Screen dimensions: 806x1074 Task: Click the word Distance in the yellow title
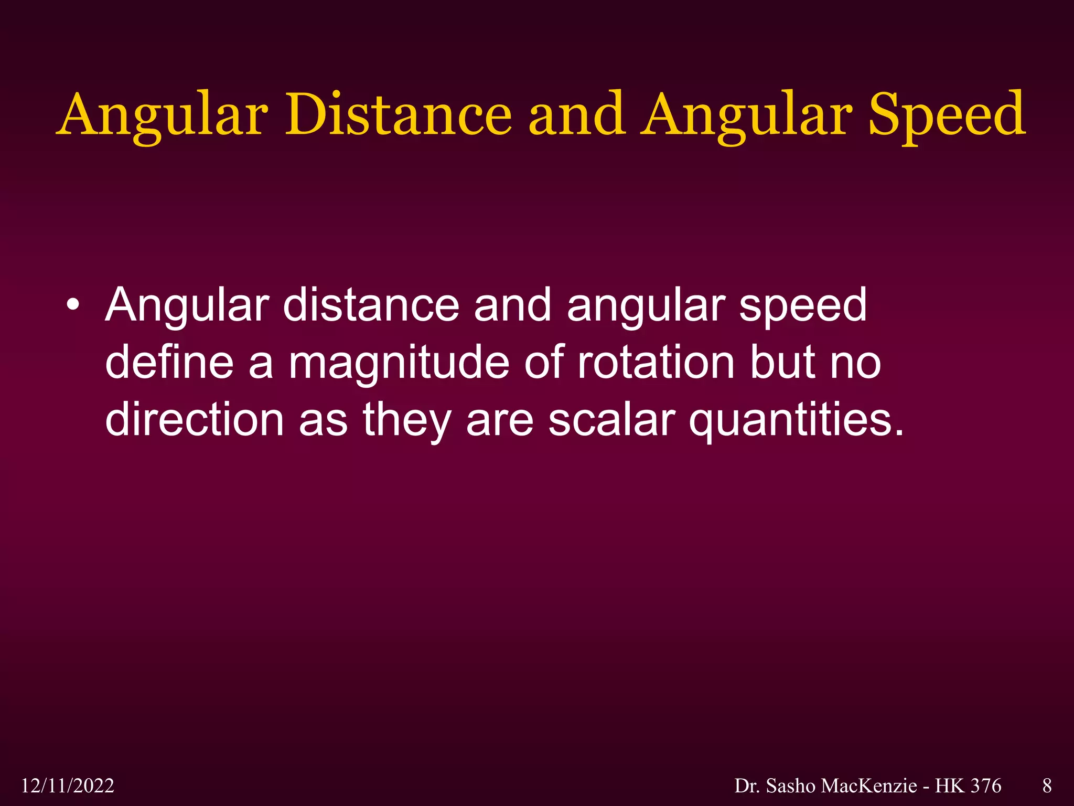[398, 114]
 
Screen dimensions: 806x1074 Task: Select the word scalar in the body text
[611, 420]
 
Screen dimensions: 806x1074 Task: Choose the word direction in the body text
[195, 420]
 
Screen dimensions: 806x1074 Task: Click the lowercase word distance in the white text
[371, 305]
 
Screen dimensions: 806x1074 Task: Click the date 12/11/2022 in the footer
[68, 786]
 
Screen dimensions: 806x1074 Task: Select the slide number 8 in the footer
[1047, 786]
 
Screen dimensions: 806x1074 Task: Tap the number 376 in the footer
[986, 786]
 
